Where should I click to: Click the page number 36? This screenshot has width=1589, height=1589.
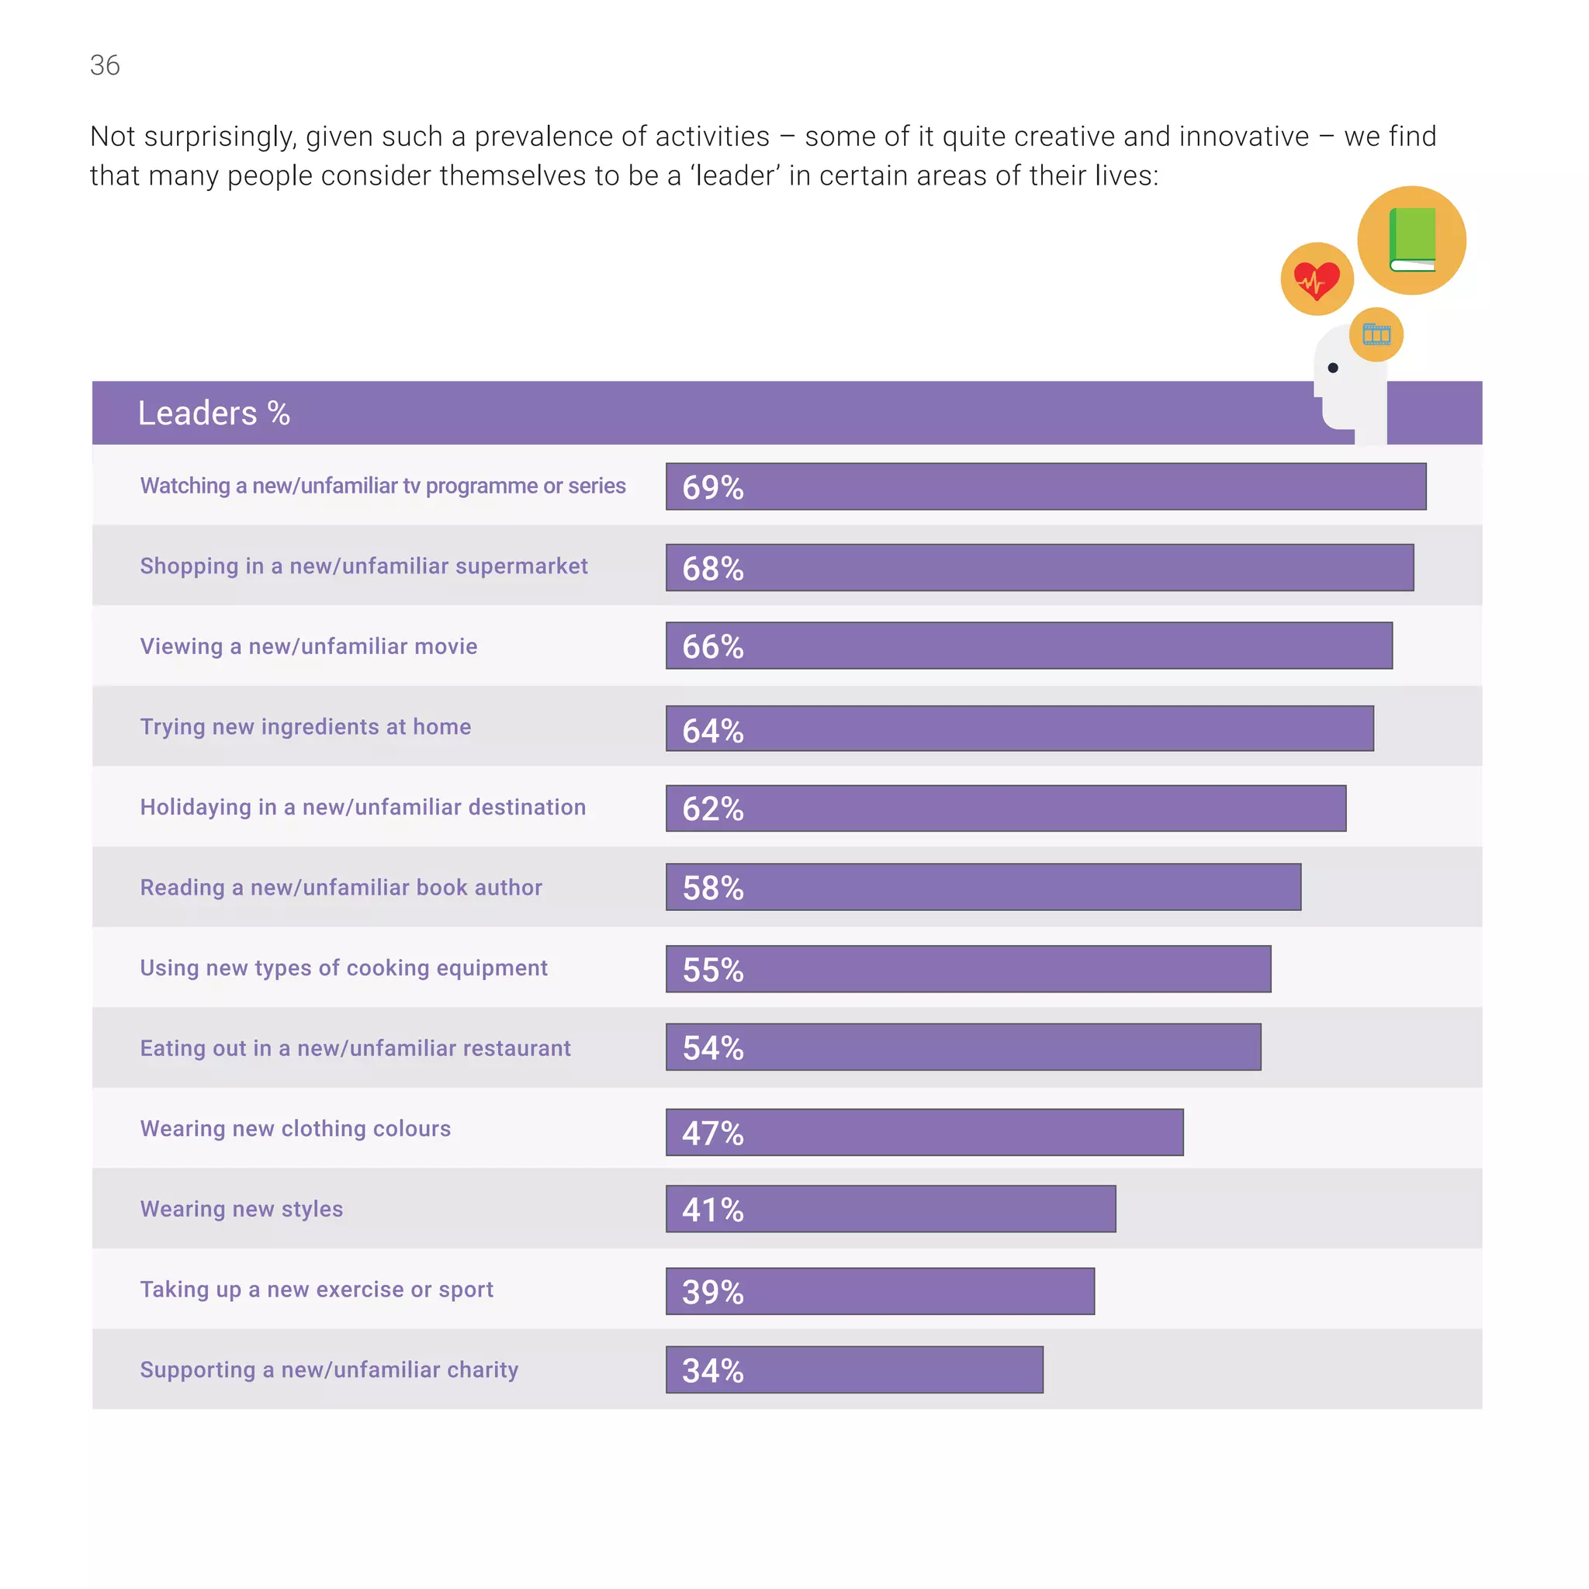[105, 65]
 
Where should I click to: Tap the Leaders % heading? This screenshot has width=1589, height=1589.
[213, 413]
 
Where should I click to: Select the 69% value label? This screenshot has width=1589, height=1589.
[712, 487]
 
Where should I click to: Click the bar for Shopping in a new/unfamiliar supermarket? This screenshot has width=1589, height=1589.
[1039, 567]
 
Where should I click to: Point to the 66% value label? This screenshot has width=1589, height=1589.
[712, 646]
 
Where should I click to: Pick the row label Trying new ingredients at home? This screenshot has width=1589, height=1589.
[305, 727]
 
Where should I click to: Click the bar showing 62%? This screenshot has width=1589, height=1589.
[1005, 808]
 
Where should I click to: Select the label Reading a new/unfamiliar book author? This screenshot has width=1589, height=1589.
[341, 888]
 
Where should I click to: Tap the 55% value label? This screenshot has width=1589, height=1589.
[712, 970]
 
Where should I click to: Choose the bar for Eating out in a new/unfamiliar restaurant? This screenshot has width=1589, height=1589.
[962, 1047]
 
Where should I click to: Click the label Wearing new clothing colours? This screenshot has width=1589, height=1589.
[296, 1128]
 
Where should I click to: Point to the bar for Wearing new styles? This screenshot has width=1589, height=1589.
[890, 1209]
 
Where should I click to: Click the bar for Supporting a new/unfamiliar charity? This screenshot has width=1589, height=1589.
[853, 1369]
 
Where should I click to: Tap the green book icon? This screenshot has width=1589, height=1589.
[1411, 239]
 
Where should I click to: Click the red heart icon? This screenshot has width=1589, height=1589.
[1316, 279]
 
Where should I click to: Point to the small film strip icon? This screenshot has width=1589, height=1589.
[1376, 334]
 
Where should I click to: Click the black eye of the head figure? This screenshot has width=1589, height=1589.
[1332, 368]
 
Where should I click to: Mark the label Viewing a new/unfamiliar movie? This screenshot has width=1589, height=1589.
[309, 646]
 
